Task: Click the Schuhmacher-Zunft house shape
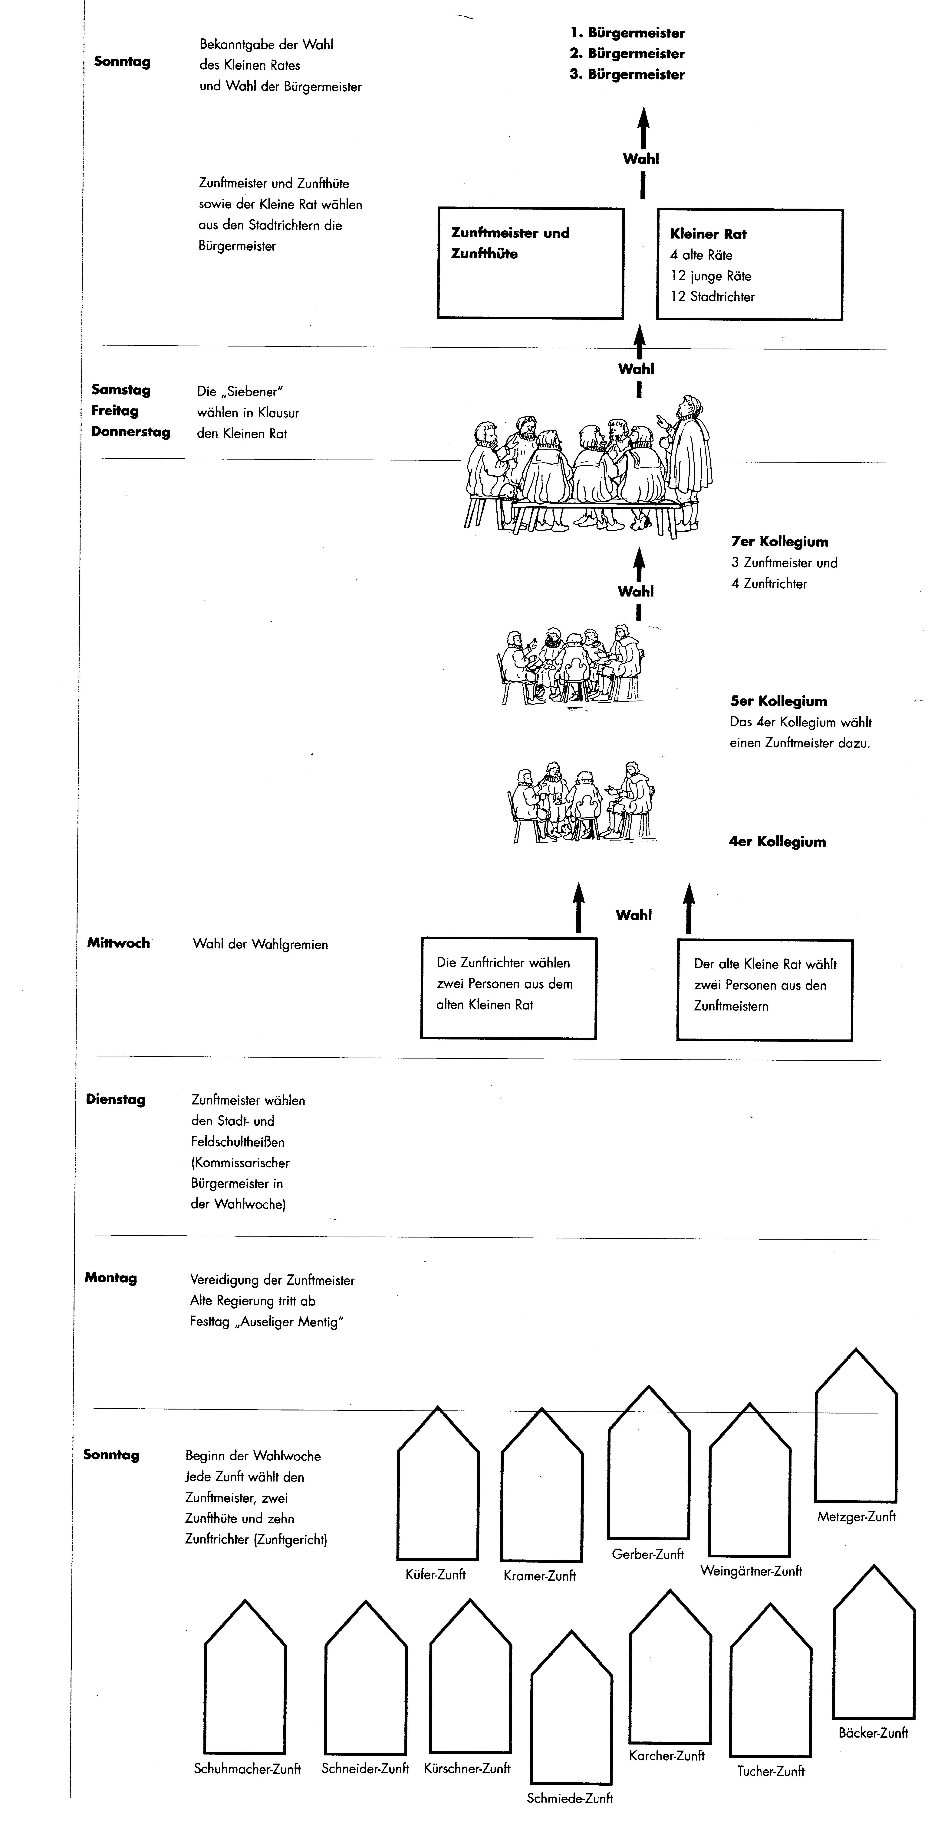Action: pos(206,1699)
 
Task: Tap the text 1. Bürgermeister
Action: pos(627,33)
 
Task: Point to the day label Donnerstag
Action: pos(130,431)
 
